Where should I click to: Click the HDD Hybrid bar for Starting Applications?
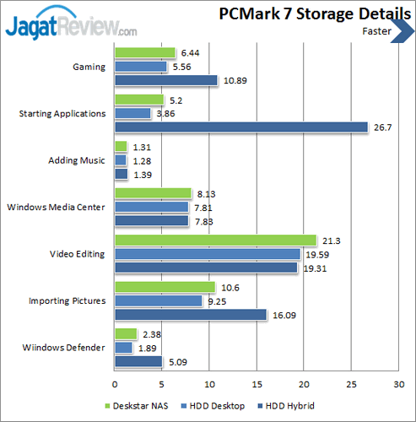pyautogui.click(x=240, y=127)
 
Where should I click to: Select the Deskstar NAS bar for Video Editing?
pyautogui.click(x=215, y=241)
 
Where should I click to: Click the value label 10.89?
pyautogui.click(x=235, y=80)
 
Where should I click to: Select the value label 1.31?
pyautogui.click(x=140, y=147)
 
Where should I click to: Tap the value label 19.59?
pyautogui.click(x=316, y=254)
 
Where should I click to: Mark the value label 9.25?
pyautogui.click(x=218, y=300)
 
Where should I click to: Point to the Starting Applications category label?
pyautogui.click(x=62, y=113)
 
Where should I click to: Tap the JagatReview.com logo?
pyautogui.click(x=72, y=24)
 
